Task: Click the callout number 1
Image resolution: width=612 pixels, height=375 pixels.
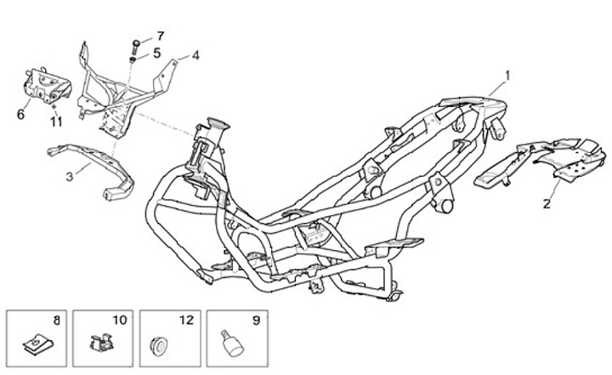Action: (507, 75)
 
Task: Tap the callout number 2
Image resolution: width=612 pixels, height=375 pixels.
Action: (547, 203)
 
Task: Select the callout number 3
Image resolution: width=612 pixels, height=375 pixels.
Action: (70, 177)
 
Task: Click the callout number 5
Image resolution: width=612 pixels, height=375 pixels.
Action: (156, 53)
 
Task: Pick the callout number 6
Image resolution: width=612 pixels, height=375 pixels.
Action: (20, 113)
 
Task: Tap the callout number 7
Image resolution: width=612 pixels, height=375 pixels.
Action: (159, 36)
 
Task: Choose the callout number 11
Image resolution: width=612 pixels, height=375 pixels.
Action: (56, 122)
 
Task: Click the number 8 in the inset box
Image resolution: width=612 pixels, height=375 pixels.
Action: (56, 321)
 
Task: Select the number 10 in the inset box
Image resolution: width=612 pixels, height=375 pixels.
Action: (119, 321)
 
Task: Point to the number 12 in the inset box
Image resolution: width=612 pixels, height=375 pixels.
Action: (185, 321)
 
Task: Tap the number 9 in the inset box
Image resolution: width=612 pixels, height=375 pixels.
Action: (254, 321)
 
